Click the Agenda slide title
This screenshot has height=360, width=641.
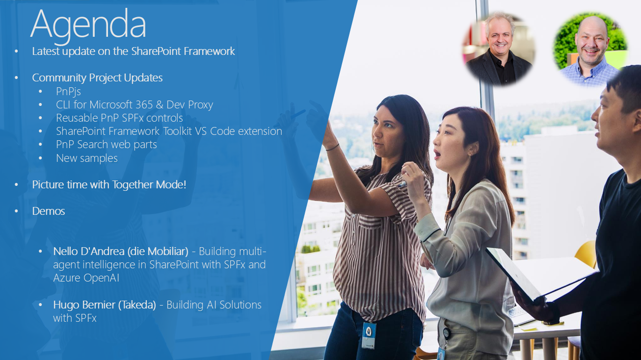pos(88,25)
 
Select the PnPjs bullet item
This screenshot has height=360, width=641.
pos(68,92)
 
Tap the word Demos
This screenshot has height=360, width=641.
pos(49,211)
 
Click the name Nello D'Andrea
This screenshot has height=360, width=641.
pos(89,251)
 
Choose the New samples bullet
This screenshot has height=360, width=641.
pos(87,158)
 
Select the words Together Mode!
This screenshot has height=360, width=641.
pos(149,185)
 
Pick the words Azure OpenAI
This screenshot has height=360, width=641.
pos(86,278)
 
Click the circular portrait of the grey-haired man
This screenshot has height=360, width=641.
pos(499,49)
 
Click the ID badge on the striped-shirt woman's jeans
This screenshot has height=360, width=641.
pos(369,335)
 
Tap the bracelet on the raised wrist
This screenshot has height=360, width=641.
pos(332,148)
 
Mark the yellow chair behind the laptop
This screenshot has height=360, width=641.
pos(587,255)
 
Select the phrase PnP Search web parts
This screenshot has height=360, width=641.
pos(107,145)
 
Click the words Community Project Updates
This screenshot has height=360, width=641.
pos(97,78)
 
